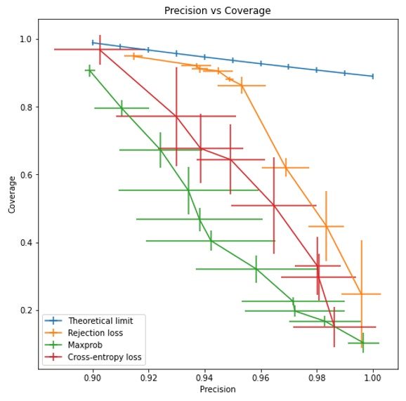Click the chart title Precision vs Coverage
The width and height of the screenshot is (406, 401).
(217, 11)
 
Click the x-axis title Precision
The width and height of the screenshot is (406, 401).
(217, 389)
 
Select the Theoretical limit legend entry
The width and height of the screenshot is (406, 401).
(100, 320)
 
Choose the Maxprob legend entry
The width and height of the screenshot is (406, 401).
(86, 345)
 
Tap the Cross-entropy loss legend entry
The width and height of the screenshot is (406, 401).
(104, 357)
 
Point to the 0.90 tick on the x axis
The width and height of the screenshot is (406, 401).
(93, 377)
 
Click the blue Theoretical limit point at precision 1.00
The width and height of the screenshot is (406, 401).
(372, 76)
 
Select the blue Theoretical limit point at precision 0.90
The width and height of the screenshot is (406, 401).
(93, 42)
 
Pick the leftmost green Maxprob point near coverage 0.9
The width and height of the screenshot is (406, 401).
(90, 70)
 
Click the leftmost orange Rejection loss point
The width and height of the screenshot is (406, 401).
(133, 55)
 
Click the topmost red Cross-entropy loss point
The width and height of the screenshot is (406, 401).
(100, 49)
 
